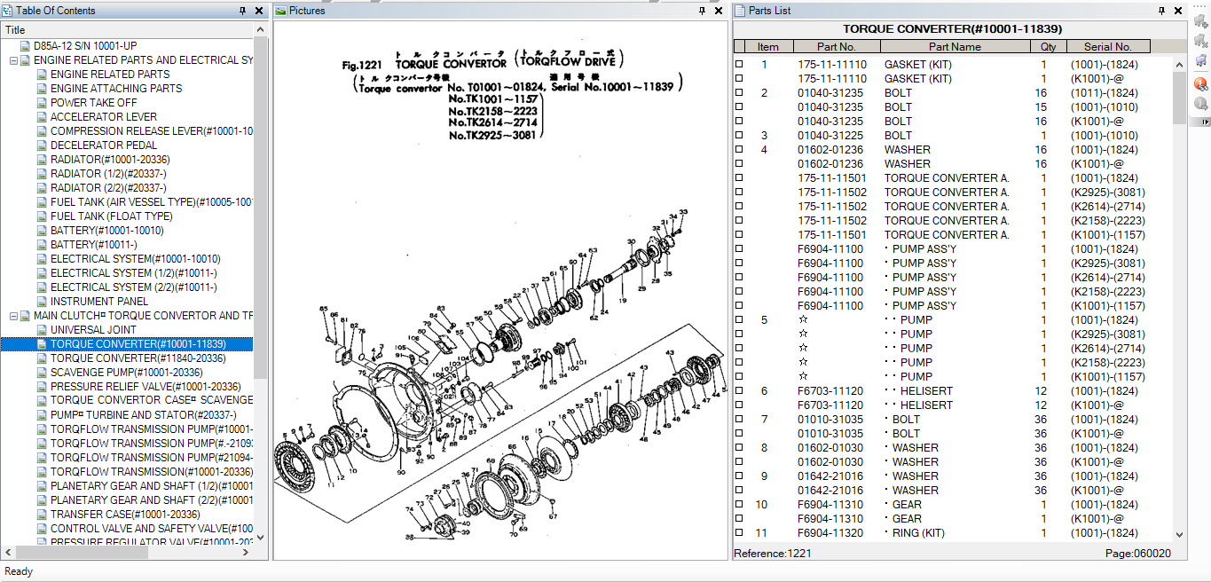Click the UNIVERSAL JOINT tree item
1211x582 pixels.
pos(93,330)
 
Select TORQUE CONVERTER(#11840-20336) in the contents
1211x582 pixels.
pos(138,358)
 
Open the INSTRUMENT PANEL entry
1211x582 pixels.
pos(99,302)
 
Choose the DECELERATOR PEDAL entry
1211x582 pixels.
pos(104,145)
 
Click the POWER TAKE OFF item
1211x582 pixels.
pos(93,103)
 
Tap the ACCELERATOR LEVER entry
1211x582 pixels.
pos(104,117)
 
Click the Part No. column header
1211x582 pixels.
pos(836,47)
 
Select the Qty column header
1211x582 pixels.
pos(1048,47)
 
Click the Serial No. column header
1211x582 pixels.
pos(1107,47)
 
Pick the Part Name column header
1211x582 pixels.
pos(955,47)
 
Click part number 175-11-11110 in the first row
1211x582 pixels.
pos(831,65)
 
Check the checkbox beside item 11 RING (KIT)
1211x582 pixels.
pos(739,533)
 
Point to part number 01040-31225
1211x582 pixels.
pos(831,136)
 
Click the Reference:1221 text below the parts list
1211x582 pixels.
pos(773,554)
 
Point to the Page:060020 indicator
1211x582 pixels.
pos(1137,554)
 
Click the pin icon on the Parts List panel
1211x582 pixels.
pos(1162,11)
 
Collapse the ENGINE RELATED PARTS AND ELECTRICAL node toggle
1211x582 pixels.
pos(13,60)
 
